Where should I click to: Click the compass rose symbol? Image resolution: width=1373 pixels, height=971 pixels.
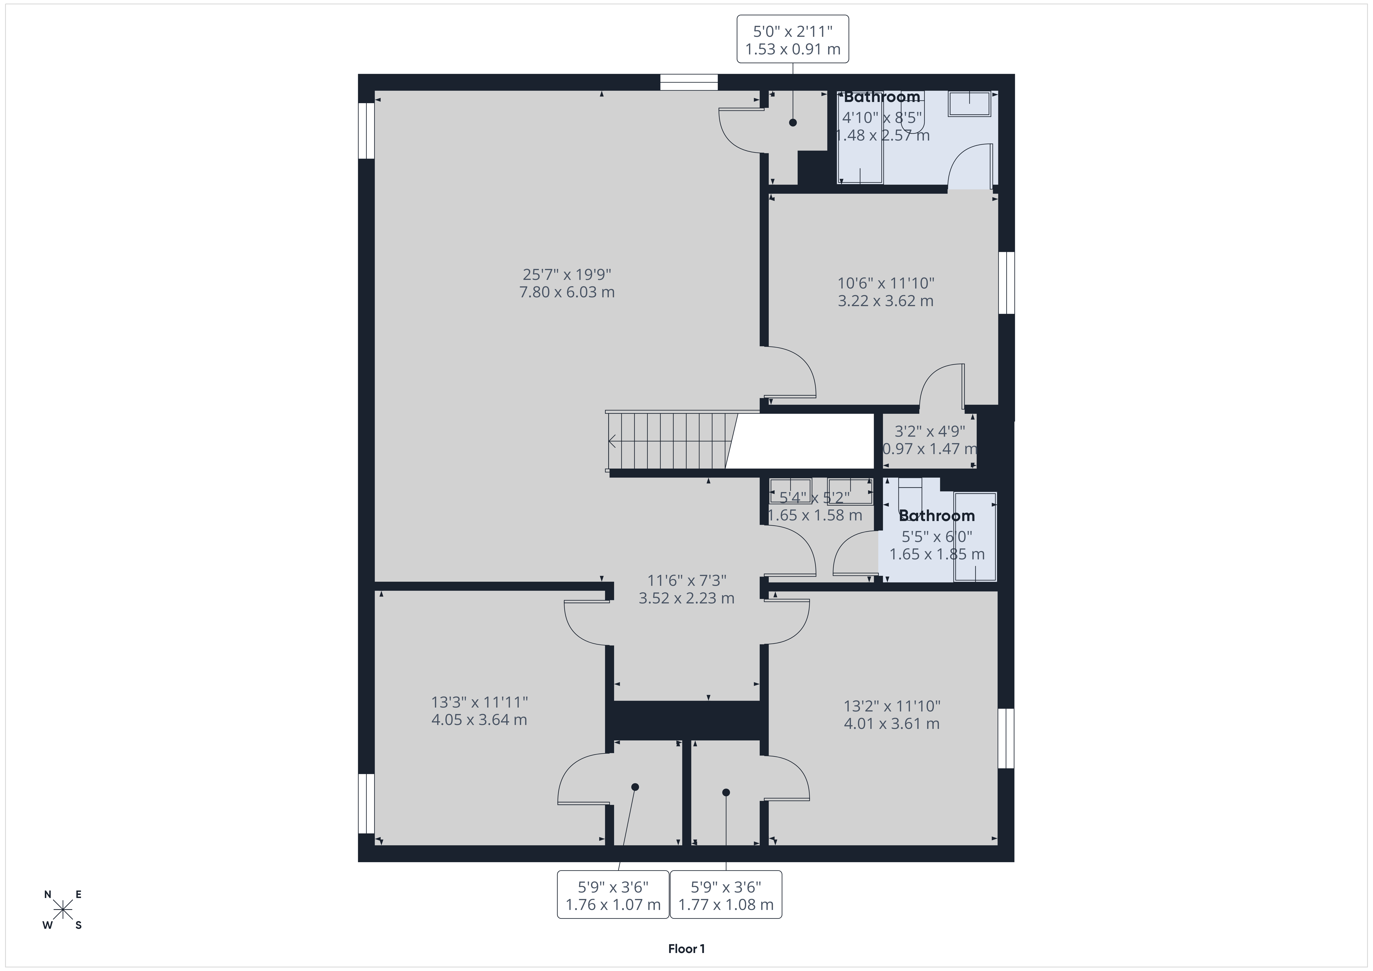(63, 910)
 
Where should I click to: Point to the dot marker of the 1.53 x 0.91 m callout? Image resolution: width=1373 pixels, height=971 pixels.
(793, 123)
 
